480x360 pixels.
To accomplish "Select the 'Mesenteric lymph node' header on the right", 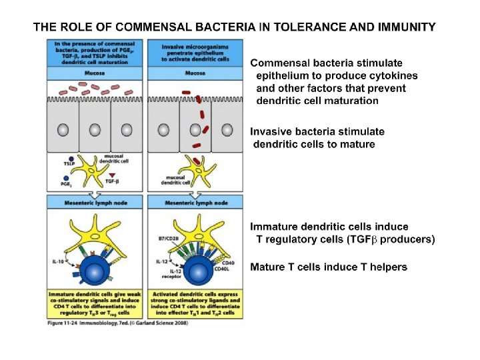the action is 197,203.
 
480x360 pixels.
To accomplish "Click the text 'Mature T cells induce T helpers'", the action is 328,267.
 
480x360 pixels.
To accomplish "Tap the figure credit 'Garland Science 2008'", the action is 163,323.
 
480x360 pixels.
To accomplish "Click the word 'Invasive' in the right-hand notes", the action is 271,131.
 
